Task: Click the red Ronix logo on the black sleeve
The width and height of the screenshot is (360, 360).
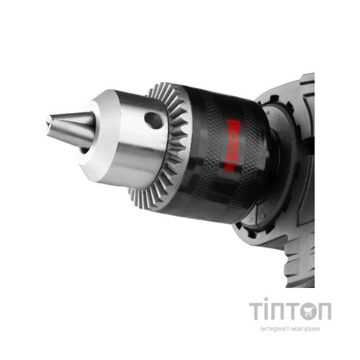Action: point(229,145)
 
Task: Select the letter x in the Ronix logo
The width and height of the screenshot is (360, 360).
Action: point(228,167)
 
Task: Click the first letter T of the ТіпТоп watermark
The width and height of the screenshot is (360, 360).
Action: point(256,311)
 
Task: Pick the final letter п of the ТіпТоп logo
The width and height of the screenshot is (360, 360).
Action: point(325,311)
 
